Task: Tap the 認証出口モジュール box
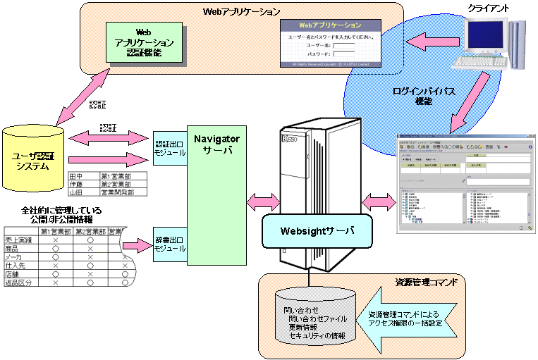pyautogui.click(x=169, y=148)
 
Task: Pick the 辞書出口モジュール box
pyautogui.click(x=169, y=245)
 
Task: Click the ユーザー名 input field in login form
pyautogui.click(x=343, y=45)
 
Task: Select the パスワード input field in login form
pyautogui.click(x=343, y=54)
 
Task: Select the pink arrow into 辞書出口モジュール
pyautogui.click(x=135, y=246)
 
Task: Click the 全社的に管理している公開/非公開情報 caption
pyautogui.click(x=61, y=215)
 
